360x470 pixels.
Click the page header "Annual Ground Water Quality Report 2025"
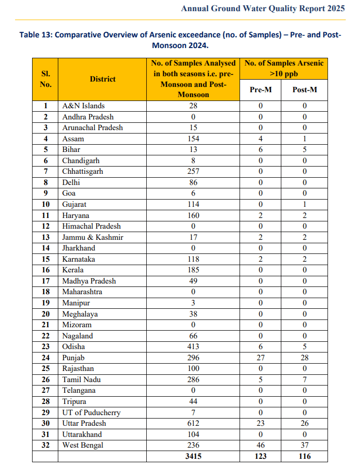pos(263,9)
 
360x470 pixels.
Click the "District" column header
pos(103,79)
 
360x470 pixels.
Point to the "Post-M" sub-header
pos(305,90)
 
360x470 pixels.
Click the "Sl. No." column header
pos(45,79)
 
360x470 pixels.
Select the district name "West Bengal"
pos(83,445)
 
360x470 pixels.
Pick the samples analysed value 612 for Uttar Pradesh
pos(193,423)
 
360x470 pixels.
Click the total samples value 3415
pos(193,456)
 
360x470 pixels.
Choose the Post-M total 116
pos(305,456)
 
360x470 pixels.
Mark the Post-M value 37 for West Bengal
pos(305,445)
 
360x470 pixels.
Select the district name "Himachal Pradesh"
pos(91,226)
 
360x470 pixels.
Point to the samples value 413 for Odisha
pos(193,347)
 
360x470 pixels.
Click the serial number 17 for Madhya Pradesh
pos(45,281)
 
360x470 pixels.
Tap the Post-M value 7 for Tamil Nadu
pos(305,380)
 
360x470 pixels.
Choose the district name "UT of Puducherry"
pos(91,413)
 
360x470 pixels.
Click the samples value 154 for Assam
pos(193,139)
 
